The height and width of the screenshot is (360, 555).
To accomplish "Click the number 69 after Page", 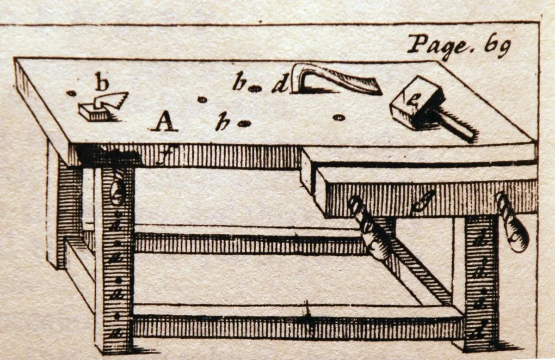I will [x=497, y=46].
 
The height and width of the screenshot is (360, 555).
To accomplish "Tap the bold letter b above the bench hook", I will [x=102, y=83].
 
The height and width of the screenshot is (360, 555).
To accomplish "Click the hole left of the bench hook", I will [x=71, y=93].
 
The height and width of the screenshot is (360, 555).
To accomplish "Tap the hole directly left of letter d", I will [x=254, y=89].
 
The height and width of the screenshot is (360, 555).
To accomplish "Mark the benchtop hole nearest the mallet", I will [x=339, y=118].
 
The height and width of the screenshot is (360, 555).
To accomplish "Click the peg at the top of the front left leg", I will [x=118, y=190].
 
